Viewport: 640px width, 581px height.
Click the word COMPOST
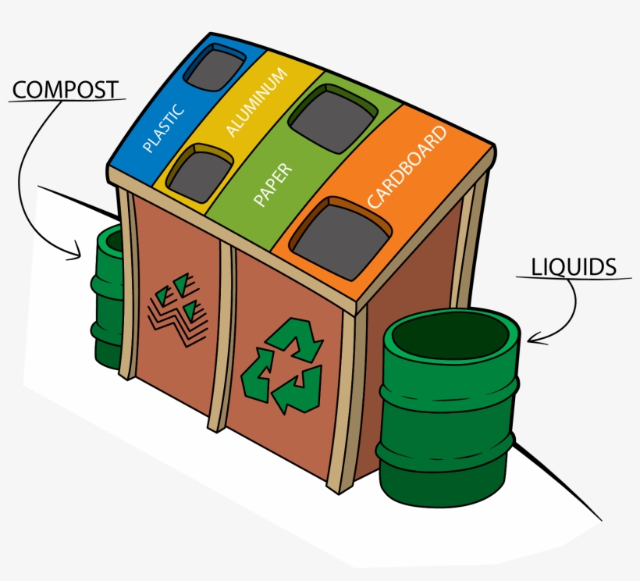pos(66,89)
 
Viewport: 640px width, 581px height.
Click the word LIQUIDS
pos(573,266)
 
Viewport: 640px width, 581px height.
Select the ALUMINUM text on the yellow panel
pos(255,102)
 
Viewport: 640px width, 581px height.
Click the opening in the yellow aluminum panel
pos(200,173)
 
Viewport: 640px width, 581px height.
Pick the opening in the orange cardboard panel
pos(340,238)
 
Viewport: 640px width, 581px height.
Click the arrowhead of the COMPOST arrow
pos(77,253)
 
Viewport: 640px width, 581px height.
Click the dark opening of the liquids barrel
pos(451,334)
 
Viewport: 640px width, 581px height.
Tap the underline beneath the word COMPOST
pos(69,101)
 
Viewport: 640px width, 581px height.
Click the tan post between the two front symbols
pos(226,336)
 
